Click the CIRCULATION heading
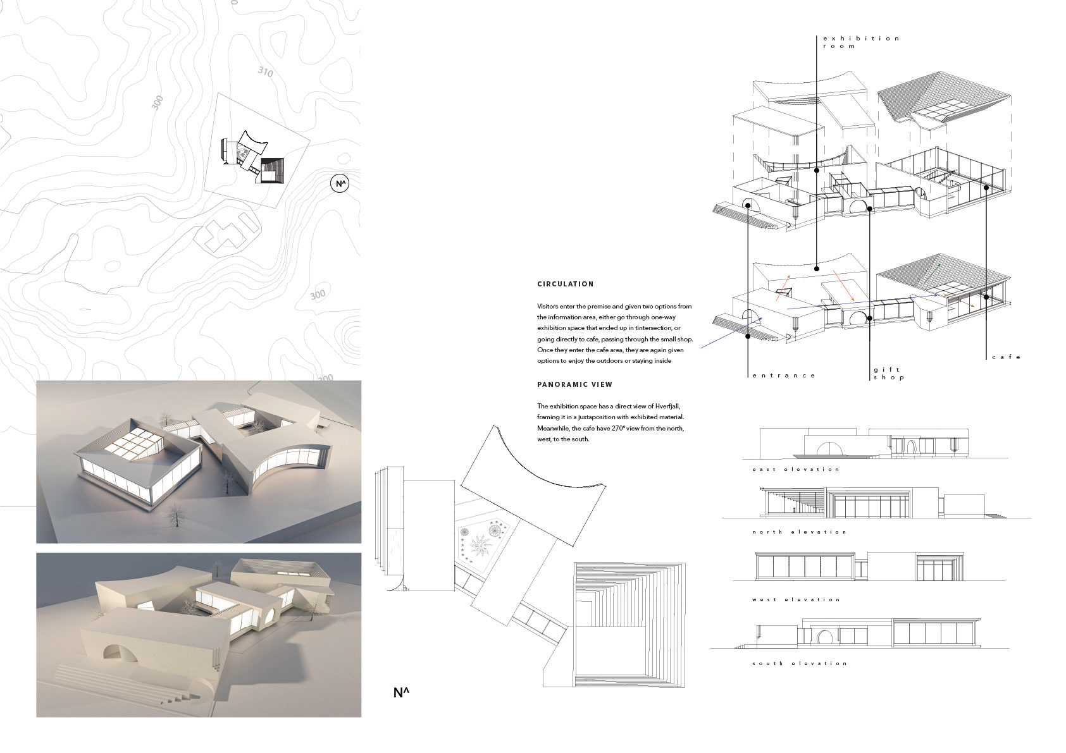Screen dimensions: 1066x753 pyautogui.click(x=565, y=284)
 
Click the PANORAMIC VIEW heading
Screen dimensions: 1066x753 pyautogui.click(x=574, y=384)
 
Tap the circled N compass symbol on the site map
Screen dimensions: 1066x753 pyautogui.click(x=340, y=184)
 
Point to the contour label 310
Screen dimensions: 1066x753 pyautogui.click(x=266, y=72)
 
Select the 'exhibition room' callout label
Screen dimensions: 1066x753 pyautogui.click(x=860, y=42)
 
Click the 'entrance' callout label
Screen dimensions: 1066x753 pyautogui.click(x=784, y=376)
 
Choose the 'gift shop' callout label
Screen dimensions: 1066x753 pyautogui.click(x=888, y=374)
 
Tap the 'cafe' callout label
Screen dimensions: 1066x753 pyautogui.click(x=1006, y=357)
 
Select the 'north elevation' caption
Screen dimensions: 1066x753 pyautogui.click(x=799, y=532)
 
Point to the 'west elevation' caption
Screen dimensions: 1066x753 pyautogui.click(x=796, y=599)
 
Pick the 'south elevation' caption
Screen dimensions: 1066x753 pyautogui.click(x=799, y=663)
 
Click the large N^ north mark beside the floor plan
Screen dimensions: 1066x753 pyautogui.click(x=401, y=693)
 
